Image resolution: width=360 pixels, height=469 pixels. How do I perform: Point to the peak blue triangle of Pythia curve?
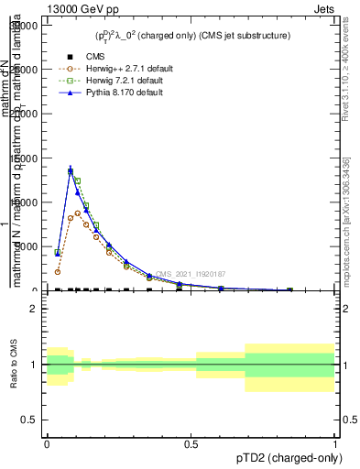pyautogui.click(x=71, y=170)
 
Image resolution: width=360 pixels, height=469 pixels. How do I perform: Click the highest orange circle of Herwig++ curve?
pyautogui.click(x=78, y=213)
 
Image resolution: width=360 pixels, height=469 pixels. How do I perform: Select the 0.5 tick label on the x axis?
pyautogui.click(x=191, y=444)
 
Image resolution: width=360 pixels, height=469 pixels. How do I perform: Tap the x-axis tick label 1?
pyautogui.click(x=334, y=444)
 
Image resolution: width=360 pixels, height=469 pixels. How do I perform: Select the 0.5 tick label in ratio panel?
pyautogui.click(x=29, y=420)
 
